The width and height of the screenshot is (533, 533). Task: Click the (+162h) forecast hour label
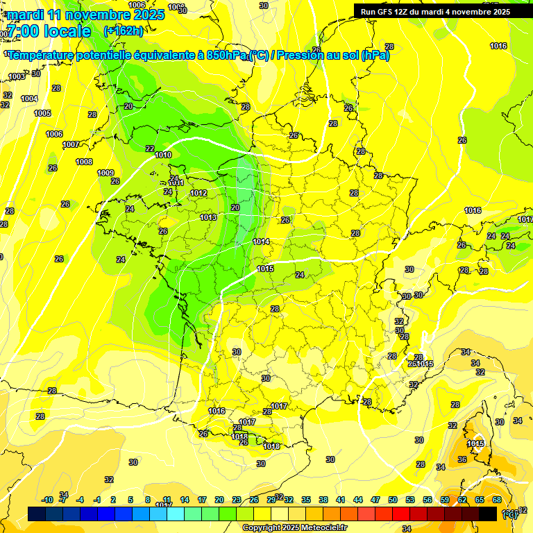pyautogui.click(x=124, y=31)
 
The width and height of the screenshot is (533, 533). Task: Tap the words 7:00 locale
pyautogui.click(x=49, y=31)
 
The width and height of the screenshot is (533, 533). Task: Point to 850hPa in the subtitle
pyautogui.click(x=226, y=55)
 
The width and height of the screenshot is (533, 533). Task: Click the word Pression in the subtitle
pyautogui.click(x=299, y=55)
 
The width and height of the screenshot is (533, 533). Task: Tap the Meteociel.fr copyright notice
pyautogui.click(x=294, y=527)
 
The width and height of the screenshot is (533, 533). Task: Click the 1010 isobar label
pyautogui.click(x=164, y=155)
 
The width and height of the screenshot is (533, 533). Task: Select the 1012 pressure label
pyautogui.click(x=199, y=193)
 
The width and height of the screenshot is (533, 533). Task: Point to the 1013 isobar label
pyautogui.click(x=208, y=217)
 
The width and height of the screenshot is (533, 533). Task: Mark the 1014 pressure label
pyautogui.click(x=262, y=242)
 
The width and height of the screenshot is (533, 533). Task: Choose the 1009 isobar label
pyautogui.click(x=105, y=173)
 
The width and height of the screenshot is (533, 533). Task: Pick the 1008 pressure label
pyautogui.click(x=84, y=162)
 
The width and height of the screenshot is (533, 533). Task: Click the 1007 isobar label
pyautogui.click(x=70, y=144)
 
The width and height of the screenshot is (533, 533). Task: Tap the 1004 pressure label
pyautogui.click(x=29, y=99)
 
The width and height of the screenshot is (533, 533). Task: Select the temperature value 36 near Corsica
pyautogui.click(x=462, y=460)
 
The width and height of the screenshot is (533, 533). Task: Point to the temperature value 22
pyautogui.click(x=150, y=149)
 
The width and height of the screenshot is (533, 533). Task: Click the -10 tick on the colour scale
pyautogui.click(x=48, y=500)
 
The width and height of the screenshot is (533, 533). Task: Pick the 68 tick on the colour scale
pyautogui.click(x=497, y=500)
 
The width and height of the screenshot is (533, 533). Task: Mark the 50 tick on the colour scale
pyautogui.click(x=393, y=500)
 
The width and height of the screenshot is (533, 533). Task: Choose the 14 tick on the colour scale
pyautogui.click(x=185, y=500)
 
